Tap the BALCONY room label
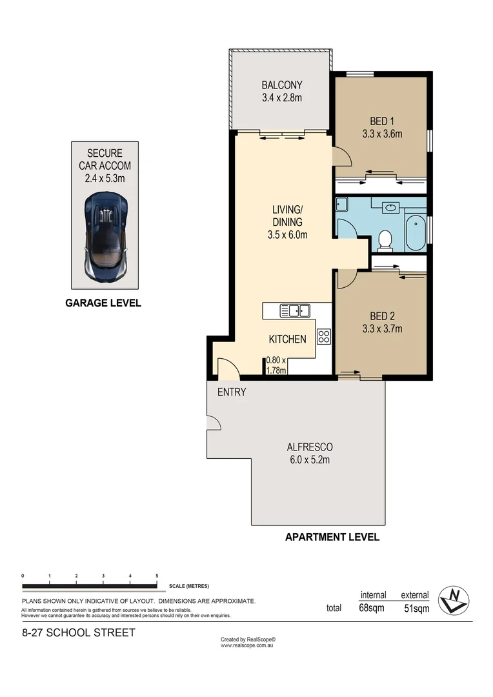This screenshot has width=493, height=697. click(x=281, y=85)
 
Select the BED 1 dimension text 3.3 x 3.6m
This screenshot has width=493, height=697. click(x=381, y=134)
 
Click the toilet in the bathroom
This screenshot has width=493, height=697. click(x=385, y=239)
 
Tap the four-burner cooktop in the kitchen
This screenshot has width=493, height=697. click(x=323, y=336)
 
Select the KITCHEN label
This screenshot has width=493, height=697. click(x=287, y=339)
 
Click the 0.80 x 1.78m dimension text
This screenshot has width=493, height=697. click(x=277, y=365)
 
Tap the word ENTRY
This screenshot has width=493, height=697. click(x=231, y=392)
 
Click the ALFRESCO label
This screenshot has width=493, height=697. click(x=310, y=447)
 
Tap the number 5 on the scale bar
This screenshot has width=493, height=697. click(x=157, y=575)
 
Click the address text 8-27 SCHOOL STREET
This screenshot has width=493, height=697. click(x=78, y=632)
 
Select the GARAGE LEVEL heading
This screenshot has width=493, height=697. click(x=103, y=303)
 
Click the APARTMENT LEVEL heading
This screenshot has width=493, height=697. click(x=332, y=536)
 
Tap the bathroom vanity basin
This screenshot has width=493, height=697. click(x=391, y=208)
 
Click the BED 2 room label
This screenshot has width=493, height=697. click(x=381, y=316)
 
